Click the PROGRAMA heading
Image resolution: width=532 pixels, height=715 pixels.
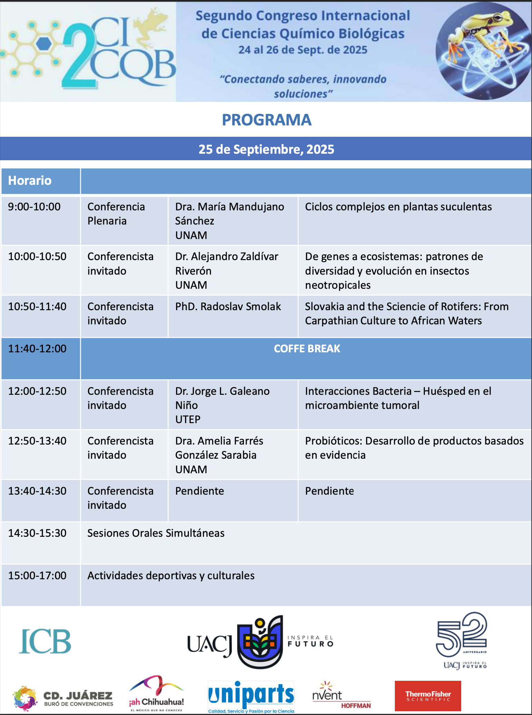click(266, 120)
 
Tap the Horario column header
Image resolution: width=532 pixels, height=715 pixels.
click(30, 180)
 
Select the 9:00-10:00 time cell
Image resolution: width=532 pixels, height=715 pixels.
click(34, 207)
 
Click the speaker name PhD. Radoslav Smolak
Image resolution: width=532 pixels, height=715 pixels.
click(228, 306)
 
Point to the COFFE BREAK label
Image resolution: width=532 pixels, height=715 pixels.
click(307, 349)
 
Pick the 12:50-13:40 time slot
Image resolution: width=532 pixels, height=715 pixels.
click(37, 441)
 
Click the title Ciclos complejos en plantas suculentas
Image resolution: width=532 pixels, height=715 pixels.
click(398, 207)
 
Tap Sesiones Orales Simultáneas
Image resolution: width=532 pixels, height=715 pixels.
click(156, 533)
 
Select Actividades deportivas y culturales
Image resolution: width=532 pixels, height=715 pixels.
click(171, 575)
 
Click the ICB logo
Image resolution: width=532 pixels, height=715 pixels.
click(45, 641)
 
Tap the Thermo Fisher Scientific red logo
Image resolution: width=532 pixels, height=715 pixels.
click(428, 696)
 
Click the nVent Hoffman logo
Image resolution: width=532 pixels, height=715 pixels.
click(341, 695)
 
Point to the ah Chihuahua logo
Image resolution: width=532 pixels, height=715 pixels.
click(156, 693)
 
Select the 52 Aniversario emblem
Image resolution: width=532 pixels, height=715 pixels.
click(462, 641)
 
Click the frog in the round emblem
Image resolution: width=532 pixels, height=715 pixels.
click(484, 35)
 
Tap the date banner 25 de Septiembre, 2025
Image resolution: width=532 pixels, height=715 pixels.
click(266, 149)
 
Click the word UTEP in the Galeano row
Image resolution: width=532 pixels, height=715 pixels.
click(188, 419)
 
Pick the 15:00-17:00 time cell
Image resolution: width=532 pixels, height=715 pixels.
click(37, 575)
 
